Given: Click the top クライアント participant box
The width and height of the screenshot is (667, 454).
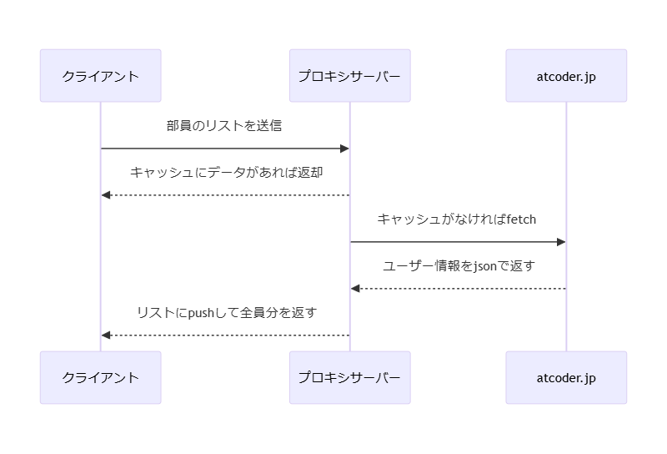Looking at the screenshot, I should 100,76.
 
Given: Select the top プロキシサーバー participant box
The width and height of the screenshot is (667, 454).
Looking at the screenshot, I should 349,76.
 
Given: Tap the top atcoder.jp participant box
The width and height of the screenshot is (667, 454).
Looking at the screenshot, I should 566,76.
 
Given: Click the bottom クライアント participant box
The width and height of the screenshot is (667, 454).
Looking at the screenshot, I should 100,377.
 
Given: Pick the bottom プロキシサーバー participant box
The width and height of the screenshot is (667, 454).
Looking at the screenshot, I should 349,377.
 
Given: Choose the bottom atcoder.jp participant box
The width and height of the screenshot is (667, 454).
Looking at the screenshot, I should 566,377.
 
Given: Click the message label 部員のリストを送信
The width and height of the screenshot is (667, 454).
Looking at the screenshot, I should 224,126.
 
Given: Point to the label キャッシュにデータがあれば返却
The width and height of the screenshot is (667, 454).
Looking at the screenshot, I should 225,173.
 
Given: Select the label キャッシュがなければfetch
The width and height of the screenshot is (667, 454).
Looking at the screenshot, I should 457,219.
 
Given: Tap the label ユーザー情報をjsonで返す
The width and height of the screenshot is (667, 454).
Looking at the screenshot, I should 458,266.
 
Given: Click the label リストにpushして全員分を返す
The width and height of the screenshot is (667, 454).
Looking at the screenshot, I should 225,313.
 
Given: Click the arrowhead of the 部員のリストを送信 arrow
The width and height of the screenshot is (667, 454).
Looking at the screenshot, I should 344,149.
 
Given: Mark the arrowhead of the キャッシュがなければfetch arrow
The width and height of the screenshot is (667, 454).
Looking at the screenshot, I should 561,242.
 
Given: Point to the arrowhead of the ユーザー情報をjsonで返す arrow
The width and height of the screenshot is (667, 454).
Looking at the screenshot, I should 355,289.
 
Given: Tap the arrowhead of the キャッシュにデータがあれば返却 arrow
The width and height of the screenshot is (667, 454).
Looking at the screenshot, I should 106,195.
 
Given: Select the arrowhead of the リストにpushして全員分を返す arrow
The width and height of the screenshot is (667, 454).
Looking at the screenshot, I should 106,335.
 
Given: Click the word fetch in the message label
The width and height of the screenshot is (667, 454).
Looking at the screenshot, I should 521,219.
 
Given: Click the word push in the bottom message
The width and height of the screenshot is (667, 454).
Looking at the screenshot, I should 201,313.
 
